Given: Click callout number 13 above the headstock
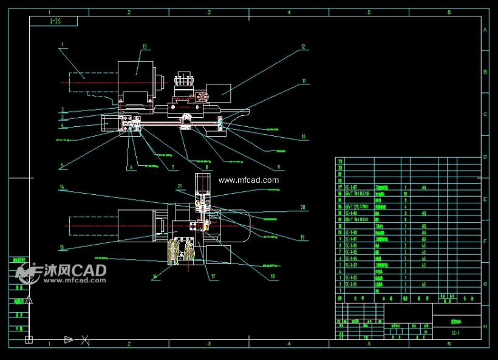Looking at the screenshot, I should tap(145, 46).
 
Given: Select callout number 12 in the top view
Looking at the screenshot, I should tap(302, 46).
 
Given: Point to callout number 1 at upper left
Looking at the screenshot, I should tap(62, 44).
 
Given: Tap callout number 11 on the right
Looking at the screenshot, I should tap(304, 81).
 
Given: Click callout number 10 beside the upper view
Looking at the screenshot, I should tap(303, 137).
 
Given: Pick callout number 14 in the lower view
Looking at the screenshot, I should tap(62, 186).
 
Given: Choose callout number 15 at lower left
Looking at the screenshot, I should tap(62, 247).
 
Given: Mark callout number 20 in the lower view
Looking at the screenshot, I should tap(302, 207).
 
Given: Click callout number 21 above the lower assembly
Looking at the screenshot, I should tap(180, 186).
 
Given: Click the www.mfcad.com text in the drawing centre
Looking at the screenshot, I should tap(249, 180).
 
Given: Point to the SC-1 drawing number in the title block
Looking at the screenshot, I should tap(455, 333).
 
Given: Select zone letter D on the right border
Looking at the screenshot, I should tap(485, 157).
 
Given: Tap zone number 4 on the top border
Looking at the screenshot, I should tap(288, 12).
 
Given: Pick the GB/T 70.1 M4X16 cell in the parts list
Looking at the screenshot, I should tap(358, 194).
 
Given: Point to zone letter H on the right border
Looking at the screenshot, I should tap(485, 326).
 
